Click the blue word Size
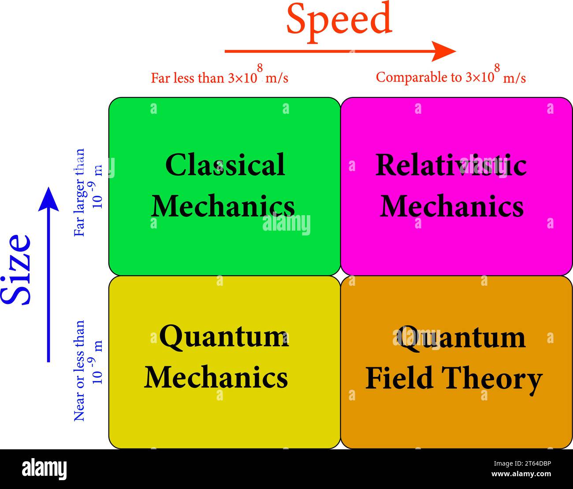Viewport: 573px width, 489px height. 16,269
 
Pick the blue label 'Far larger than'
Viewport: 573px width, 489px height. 79,193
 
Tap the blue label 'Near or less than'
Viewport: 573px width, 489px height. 79,371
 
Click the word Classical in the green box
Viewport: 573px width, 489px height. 225,164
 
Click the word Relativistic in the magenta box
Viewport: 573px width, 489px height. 451,164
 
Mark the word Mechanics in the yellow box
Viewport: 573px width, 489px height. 216,377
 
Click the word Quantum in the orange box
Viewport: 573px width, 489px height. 461,338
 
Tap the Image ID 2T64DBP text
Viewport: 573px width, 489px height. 522,463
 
